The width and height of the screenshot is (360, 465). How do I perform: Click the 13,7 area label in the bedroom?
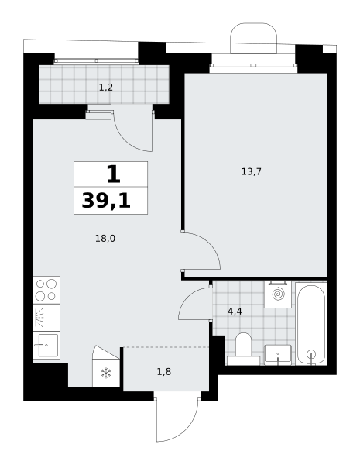point(252,172)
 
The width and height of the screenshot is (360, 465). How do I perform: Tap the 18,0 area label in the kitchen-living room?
point(105,239)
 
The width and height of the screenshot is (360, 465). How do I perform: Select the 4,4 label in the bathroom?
point(235,312)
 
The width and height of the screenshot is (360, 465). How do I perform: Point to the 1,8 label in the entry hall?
point(164,372)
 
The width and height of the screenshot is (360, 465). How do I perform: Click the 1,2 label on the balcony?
point(106,88)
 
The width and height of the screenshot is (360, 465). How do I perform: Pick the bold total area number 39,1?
point(106,201)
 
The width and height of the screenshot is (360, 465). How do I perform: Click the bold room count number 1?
point(114,174)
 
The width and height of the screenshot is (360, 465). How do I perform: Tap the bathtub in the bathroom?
point(311,324)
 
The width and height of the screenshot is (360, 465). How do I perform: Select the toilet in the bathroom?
point(243,349)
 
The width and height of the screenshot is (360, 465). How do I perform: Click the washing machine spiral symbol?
point(278,294)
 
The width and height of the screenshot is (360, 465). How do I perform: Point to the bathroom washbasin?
point(278,355)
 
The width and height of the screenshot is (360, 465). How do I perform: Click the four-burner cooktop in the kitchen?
point(46,290)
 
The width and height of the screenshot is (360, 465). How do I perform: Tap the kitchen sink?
point(46,345)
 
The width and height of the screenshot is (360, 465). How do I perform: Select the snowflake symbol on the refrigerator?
point(106,373)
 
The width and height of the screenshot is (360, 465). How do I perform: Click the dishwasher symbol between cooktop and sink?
point(46,318)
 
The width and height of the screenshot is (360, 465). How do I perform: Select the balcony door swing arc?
point(125,141)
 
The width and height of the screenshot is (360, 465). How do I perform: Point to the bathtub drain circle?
point(311,354)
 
